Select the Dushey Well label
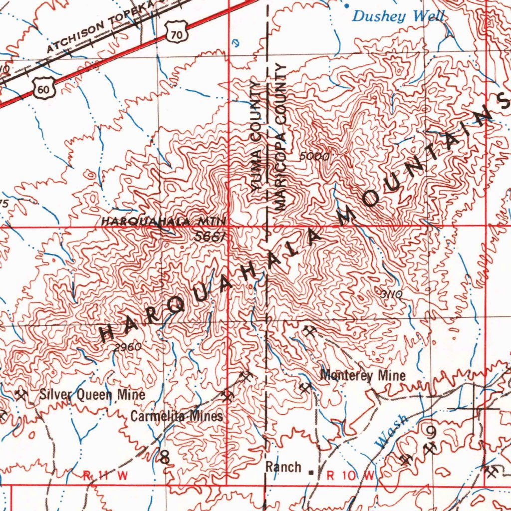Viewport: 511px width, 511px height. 398,16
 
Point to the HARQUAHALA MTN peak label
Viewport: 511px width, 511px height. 164,221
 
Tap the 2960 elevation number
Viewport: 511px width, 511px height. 128,347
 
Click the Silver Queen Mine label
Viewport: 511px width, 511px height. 92,395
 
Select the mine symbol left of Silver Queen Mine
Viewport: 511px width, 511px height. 21,396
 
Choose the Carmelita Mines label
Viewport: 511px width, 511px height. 177,416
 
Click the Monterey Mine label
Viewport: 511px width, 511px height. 363,375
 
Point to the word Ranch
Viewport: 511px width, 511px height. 283,468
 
